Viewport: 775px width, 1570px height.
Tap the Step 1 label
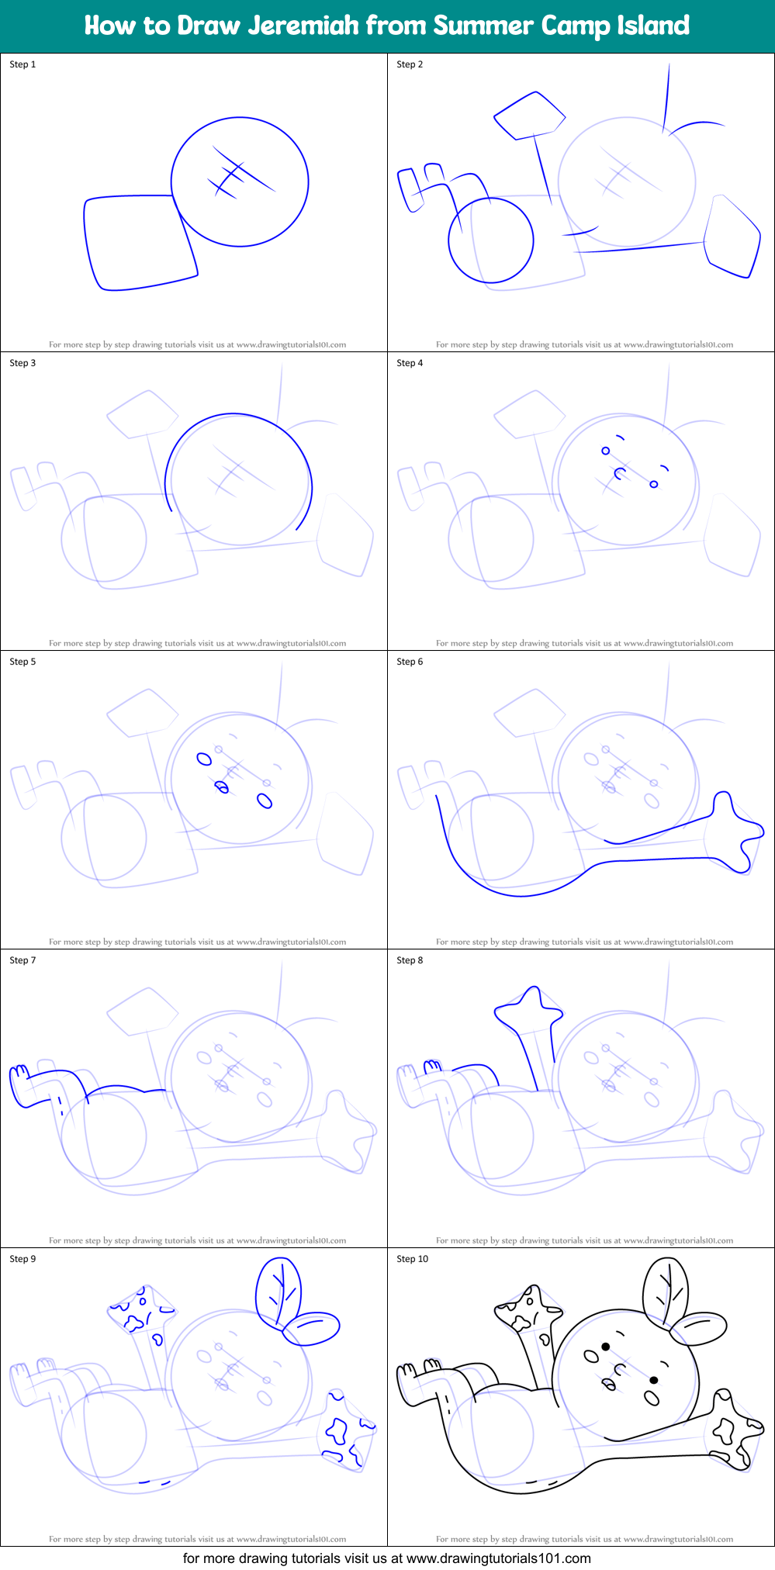[x=22, y=64]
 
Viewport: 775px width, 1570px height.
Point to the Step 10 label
[x=412, y=1259]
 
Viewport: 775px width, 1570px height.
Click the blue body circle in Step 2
[x=491, y=240]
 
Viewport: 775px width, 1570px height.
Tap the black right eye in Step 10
[x=654, y=1380]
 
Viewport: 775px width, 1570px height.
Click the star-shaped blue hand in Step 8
[x=531, y=1008]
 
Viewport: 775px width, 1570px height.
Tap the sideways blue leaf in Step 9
[x=312, y=1327]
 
